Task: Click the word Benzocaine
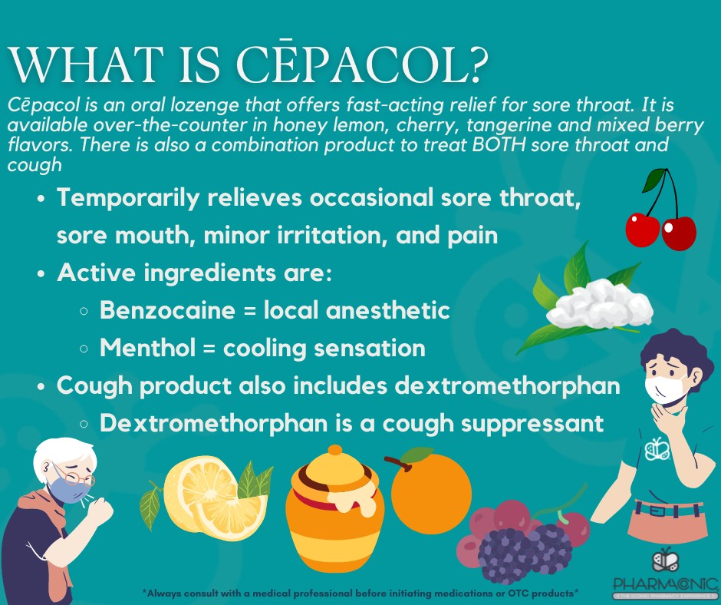(167, 309)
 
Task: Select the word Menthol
(147, 347)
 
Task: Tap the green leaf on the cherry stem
(654, 180)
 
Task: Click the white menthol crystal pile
(599, 304)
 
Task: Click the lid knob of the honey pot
(335, 450)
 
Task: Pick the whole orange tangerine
(430, 494)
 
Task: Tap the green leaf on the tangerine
(416, 454)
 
